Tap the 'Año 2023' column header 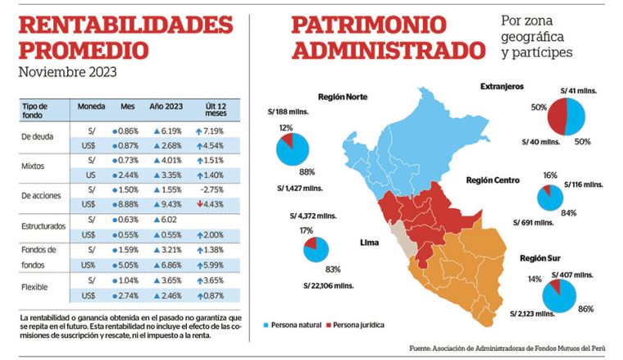pos(166,107)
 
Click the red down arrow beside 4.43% pos(198,203)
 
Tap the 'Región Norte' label pos(342,97)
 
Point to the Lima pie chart pos(316,250)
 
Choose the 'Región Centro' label pos(496,180)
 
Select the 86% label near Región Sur pos(585,311)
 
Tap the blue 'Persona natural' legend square pos(266,325)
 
